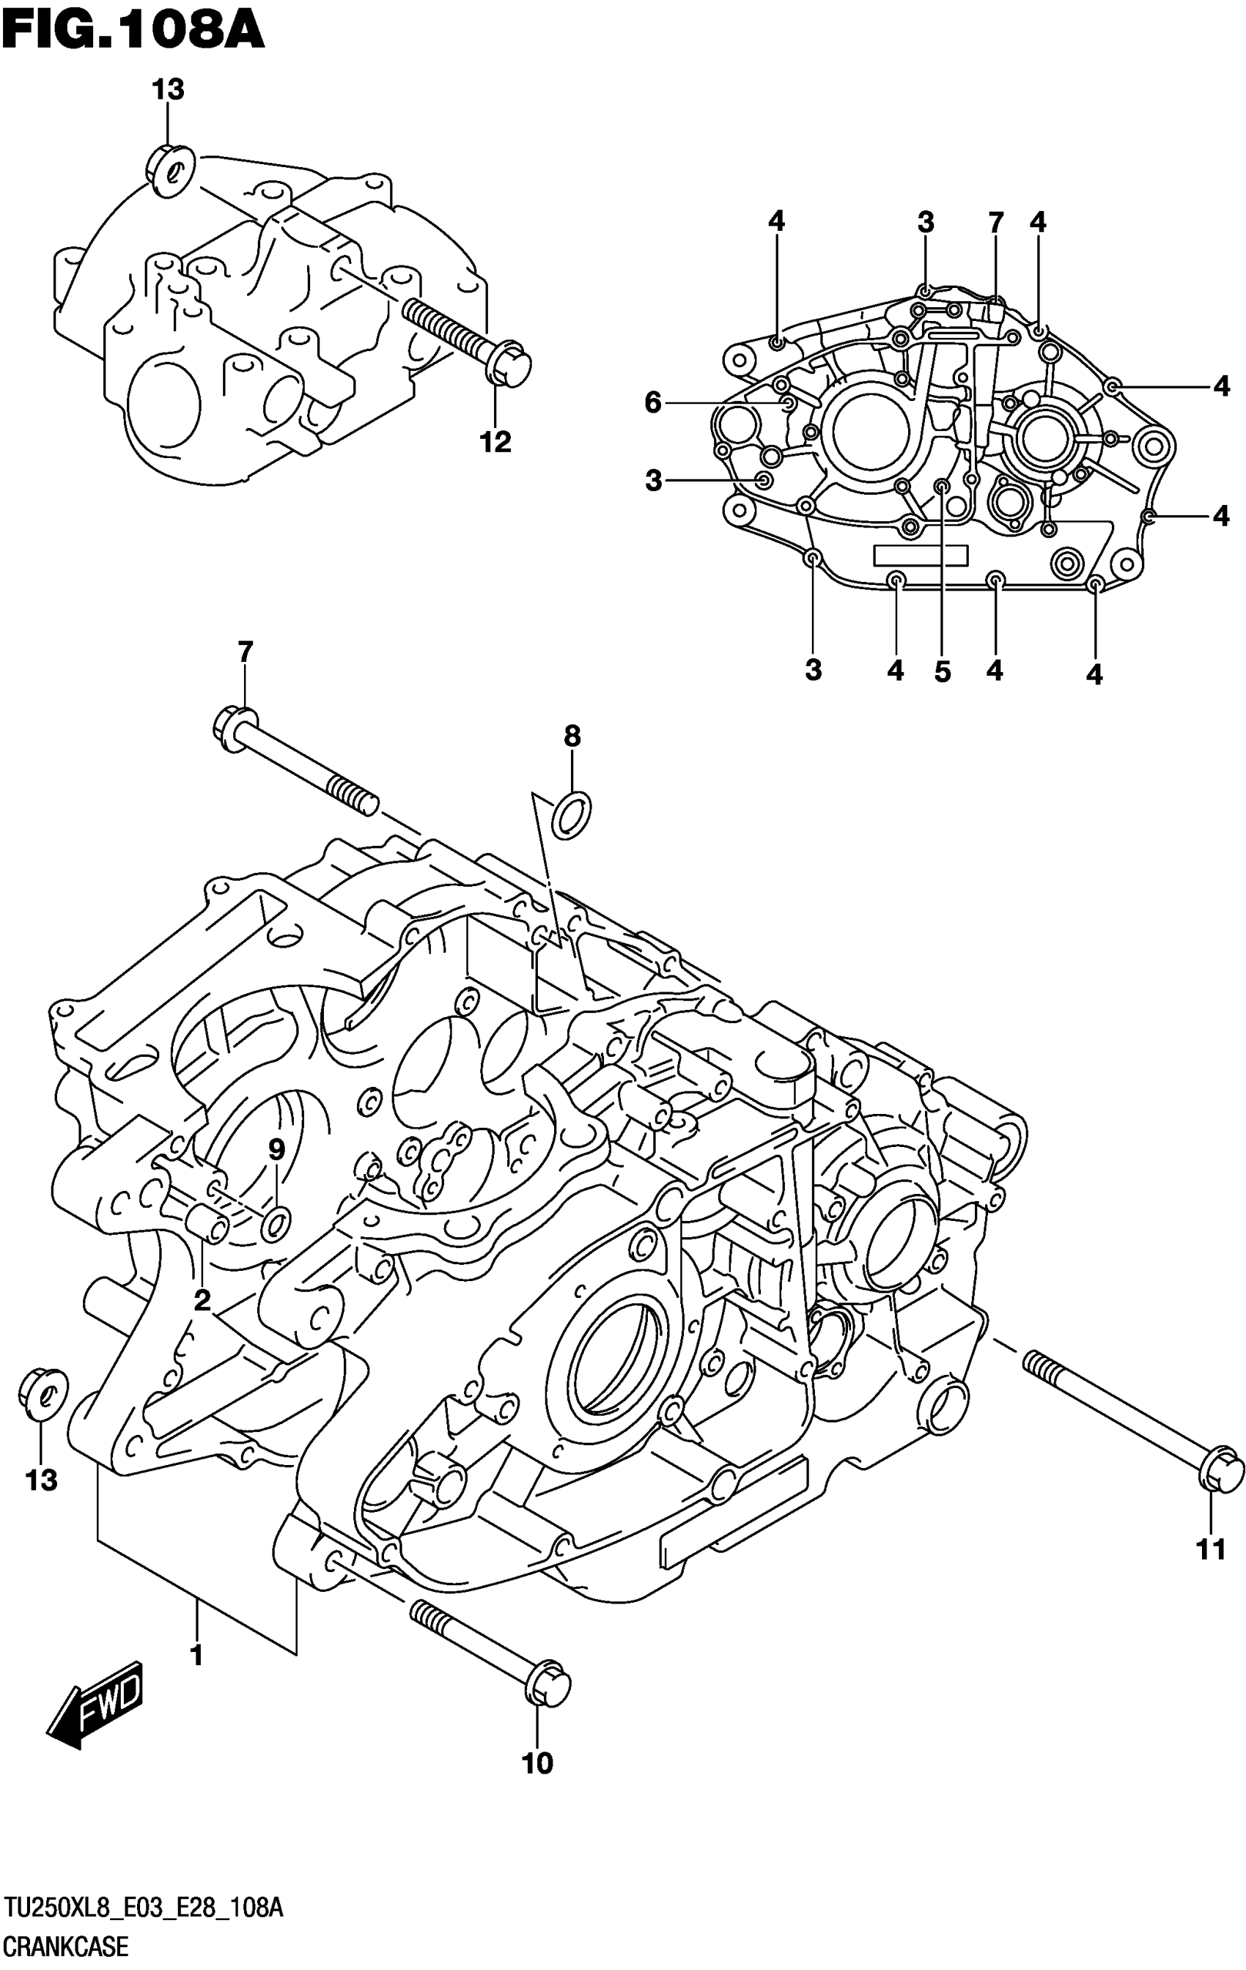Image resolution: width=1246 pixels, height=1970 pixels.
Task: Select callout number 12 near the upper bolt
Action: tap(495, 442)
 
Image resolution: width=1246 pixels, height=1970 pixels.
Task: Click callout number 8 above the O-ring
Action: tap(572, 737)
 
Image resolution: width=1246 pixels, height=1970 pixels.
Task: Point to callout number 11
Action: tap(1211, 1549)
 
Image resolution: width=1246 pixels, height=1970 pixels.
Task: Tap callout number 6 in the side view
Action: tap(653, 402)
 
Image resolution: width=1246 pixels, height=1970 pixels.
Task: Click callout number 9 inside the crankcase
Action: tap(276, 1149)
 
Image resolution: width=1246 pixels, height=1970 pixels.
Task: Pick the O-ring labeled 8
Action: tap(572, 814)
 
